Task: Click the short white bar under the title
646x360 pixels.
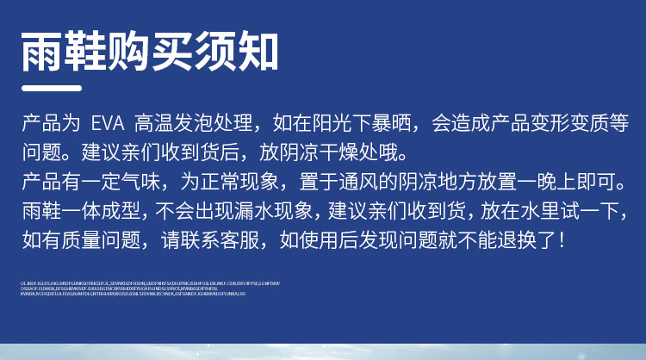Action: tap(51, 88)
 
